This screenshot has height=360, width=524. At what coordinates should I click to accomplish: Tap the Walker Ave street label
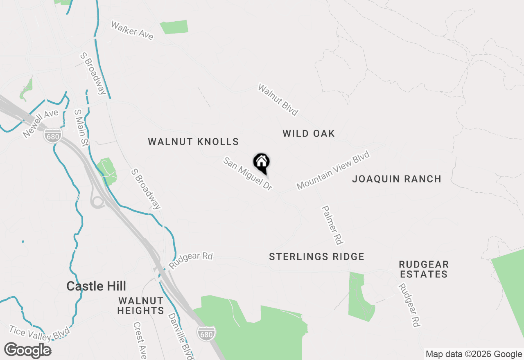[x=132, y=31]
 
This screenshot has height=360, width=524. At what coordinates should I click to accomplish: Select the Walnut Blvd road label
[x=278, y=100]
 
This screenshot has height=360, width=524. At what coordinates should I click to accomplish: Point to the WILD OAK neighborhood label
[x=309, y=133]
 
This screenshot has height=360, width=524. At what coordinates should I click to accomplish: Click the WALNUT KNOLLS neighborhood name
[x=193, y=142]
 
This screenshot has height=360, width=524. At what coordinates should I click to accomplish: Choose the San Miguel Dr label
[x=248, y=174]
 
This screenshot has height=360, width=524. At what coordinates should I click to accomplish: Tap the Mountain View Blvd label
[x=333, y=170]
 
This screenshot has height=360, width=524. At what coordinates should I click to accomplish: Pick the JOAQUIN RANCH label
[x=397, y=179]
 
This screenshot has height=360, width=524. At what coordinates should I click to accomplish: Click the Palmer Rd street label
[x=332, y=225]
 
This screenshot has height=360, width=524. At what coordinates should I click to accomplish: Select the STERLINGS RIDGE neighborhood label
[x=316, y=256]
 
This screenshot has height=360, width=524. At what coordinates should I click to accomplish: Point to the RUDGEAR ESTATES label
[x=424, y=269]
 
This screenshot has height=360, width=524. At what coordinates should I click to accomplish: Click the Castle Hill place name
[x=96, y=286]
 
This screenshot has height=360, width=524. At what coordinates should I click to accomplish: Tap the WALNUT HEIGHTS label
[x=140, y=306]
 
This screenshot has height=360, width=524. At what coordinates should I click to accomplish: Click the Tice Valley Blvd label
[x=36, y=333]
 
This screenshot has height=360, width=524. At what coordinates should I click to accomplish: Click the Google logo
[x=27, y=351]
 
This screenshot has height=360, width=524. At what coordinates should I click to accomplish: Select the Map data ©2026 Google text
[x=474, y=354]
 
